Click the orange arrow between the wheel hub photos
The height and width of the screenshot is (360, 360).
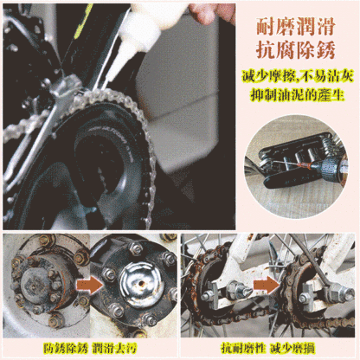pyautogui.click(x=84, y=283)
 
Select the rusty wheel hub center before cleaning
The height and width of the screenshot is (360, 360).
pyautogui.click(x=38, y=284)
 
